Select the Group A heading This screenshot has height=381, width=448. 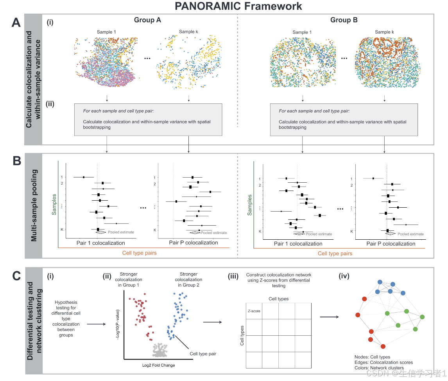(x=147, y=20)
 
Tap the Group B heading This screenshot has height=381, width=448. (x=344, y=20)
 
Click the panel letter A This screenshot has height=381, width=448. (x=16, y=23)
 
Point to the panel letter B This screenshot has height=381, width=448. (x=17, y=161)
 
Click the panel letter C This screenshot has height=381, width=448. (x=16, y=276)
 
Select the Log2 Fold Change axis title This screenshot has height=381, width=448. (x=159, y=365)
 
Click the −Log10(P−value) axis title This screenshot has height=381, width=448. (x=117, y=324)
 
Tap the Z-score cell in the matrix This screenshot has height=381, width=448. (x=254, y=311)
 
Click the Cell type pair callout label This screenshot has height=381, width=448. (x=203, y=354)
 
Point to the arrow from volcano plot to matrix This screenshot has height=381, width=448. (x=213, y=322)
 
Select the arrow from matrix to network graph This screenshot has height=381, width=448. (x=330, y=317)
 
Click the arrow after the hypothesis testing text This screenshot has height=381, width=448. (x=96, y=324)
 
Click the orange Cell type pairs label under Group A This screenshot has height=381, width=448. (x=140, y=253)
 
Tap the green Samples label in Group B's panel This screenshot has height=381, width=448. (x=250, y=205)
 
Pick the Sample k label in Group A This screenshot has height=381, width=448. (x=188, y=32)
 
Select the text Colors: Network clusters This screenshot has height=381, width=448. (x=379, y=368)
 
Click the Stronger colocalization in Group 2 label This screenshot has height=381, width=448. (x=188, y=280)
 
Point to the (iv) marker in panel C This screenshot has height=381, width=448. (x=344, y=276)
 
